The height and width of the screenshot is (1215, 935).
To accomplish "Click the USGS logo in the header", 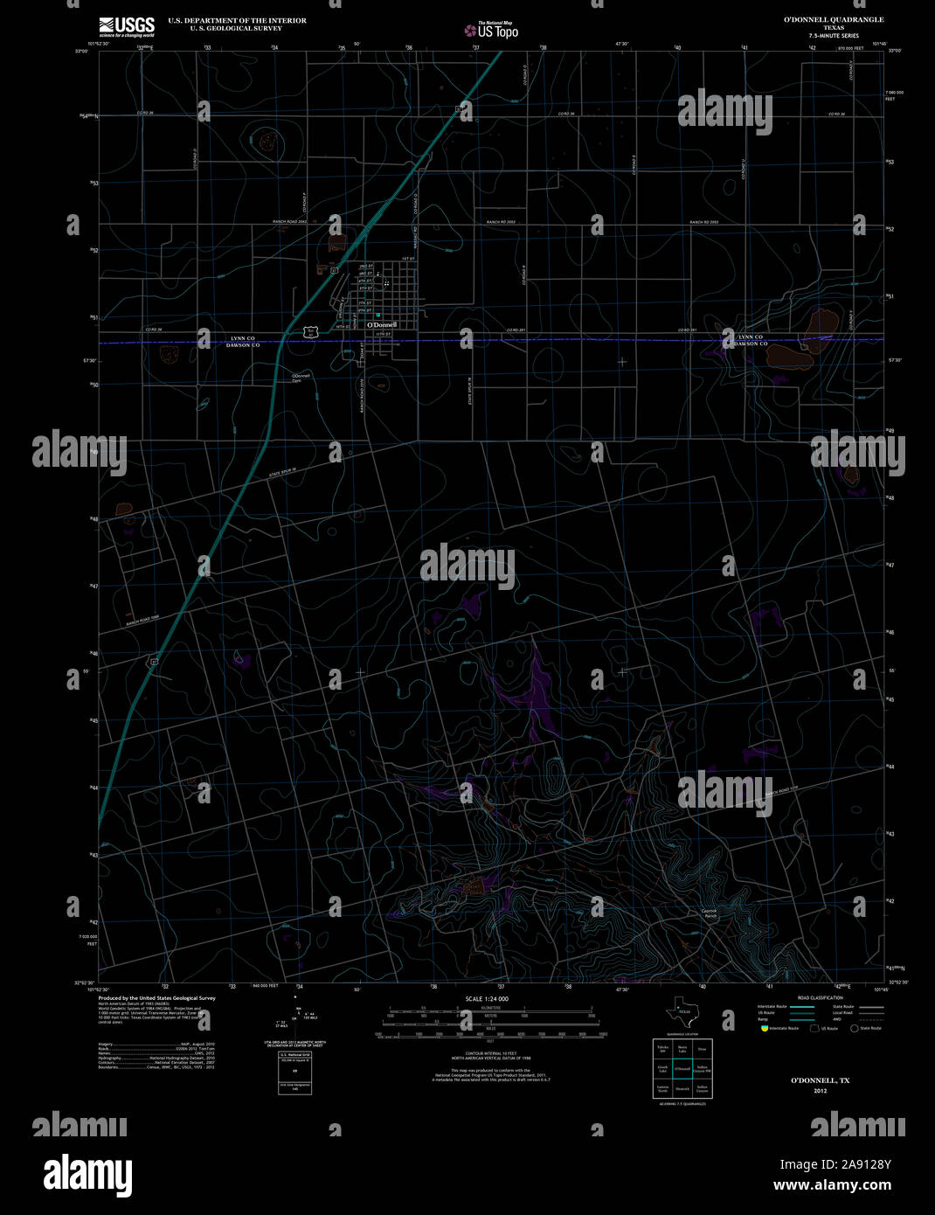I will pyautogui.click(x=126, y=25).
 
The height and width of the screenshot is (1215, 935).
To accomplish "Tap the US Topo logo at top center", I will pyautogui.click(x=490, y=31).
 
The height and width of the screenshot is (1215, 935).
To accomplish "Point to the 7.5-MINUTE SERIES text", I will pyautogui.click(x=833, y=36).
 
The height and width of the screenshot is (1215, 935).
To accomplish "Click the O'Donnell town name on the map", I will pyautogui.click(x=381, y=325).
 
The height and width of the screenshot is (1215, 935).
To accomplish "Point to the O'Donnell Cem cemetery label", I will pyautogui.click(x=301, y=378).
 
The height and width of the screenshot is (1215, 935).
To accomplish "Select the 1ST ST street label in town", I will pyautogui.click(x=406, y=260).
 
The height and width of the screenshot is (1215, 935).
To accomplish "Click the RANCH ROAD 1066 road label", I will pyautogui.click(x=143, y=617).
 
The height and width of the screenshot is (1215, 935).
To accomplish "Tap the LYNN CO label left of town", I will pyautogui.click(x=243, y=337).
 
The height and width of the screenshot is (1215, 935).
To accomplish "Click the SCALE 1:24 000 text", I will pyautogui.click(x=487, y=998).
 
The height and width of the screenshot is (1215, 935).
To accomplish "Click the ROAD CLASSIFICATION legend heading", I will pyautogui.click(x=821, y=997).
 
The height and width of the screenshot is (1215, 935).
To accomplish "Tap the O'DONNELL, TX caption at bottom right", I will pyautogui.click(x=820, y=1080).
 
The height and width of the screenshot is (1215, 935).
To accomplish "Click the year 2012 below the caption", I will pyautogui.click(x=820, y=1091).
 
